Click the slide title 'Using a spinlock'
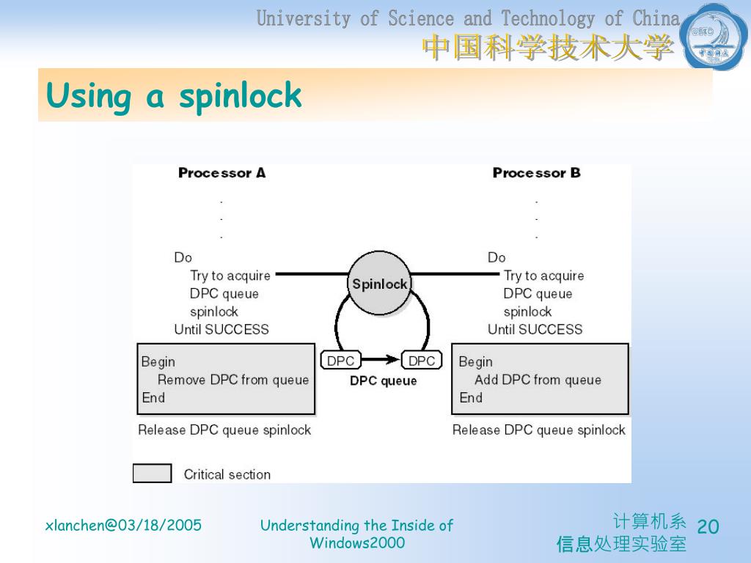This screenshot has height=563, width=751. point(174,96)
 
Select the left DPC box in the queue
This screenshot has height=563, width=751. point(340,361)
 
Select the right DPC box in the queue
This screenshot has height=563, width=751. point(422,361)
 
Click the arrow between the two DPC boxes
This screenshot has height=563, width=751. point(381,360)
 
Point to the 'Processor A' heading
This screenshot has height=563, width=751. point(221,173)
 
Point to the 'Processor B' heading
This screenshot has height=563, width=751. point(536,173)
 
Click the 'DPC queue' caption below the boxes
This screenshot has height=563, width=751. point(383,380)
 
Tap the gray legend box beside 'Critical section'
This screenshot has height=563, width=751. point(152,474)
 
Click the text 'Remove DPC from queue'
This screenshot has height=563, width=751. point(233,380)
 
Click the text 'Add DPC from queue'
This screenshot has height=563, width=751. point(538,380)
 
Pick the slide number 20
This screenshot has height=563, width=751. point(708,526)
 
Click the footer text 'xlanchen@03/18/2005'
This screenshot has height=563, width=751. point(123,525)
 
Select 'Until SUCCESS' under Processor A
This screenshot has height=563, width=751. point(221,329)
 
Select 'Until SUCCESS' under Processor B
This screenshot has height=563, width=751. point(535,329)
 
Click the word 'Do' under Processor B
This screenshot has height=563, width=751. point(497,257)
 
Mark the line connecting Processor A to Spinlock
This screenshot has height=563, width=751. point(310,275)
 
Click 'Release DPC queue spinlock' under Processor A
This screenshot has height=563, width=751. point(224,430)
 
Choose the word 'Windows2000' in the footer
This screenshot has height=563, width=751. point(357,543)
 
